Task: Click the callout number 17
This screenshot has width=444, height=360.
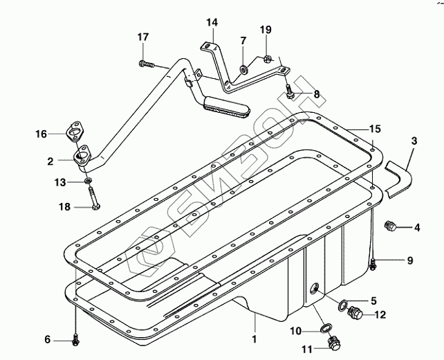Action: click(143, 37)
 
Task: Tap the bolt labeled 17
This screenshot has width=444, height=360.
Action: click(147, 64)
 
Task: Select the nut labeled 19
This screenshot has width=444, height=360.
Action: click(268, 59)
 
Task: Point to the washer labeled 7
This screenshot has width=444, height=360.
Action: click(243, 70)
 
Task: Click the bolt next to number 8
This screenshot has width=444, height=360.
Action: click(289, 92)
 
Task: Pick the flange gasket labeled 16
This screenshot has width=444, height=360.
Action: click(75, 131)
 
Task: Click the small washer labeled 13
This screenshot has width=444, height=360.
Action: click(89, 180)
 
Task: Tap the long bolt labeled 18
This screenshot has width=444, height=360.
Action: click(94, 199)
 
